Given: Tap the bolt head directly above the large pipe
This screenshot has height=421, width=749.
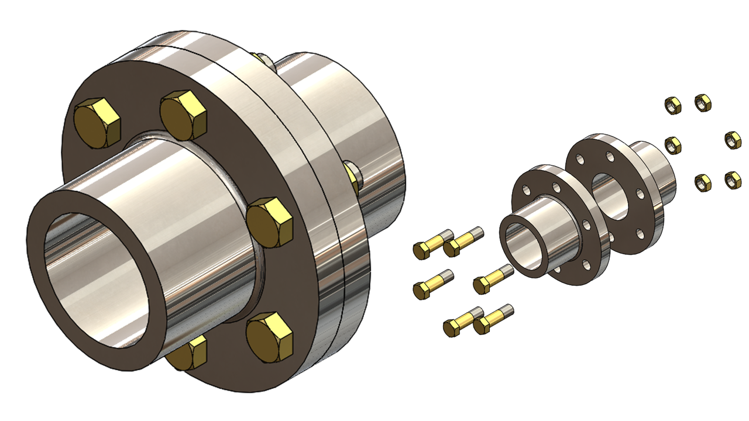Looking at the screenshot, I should [184, 115].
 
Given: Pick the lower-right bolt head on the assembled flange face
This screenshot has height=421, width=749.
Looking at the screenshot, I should [269, 336].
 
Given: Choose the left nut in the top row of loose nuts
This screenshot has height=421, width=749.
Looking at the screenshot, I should [674, 105].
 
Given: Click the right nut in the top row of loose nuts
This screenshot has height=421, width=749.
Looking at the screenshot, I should [703, 103].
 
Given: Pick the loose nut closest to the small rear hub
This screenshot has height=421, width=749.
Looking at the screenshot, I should [674, 144].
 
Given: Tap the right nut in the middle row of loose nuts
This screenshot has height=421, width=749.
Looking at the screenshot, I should [733, 140].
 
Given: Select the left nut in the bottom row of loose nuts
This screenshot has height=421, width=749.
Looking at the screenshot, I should [703, 182].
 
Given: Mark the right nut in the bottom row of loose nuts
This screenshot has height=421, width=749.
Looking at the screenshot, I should [733, 180].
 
